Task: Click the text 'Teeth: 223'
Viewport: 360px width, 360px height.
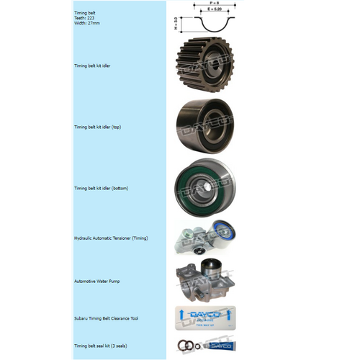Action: [x=86, y=17]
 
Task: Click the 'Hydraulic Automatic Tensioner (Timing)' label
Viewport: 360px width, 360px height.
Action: [x=111, y=238]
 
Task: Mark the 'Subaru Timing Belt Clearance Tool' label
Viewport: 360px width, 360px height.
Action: [x=106, y=317]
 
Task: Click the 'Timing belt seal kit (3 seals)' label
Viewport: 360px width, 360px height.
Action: [x=101, y=346]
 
